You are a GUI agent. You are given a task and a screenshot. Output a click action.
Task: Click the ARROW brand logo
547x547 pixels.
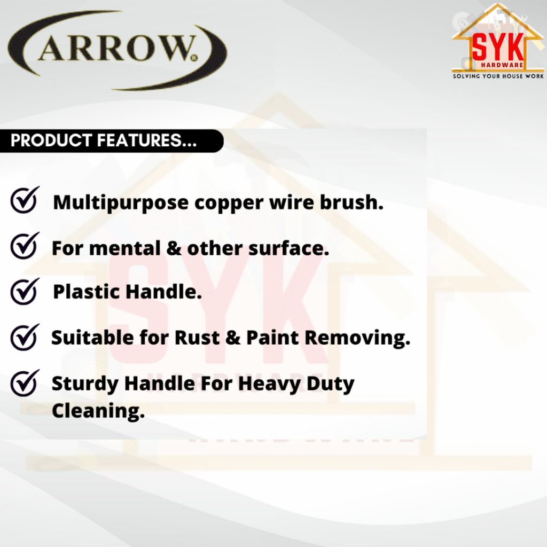[x=118, y=50]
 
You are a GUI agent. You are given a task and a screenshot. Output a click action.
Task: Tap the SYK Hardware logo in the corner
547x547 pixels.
[x=498, y=42]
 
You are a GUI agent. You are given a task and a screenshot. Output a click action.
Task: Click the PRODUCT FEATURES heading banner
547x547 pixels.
[x=112, y=140]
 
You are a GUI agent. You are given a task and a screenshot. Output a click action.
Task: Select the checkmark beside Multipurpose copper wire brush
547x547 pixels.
[x=25, y=200]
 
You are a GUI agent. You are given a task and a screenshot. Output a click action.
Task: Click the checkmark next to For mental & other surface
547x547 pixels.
[x=25, y=246]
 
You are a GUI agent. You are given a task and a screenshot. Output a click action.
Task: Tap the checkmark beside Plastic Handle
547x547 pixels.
[x=25, y=292]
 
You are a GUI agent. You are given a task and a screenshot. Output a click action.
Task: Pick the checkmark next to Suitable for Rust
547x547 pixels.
[x=25, y=338]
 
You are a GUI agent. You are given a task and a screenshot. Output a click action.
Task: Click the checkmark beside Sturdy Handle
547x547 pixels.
[x=25, y=383]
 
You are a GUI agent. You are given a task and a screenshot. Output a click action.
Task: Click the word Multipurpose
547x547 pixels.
[x=121, y=203]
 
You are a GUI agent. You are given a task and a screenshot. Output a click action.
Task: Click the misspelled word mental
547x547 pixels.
[x=125, y=248]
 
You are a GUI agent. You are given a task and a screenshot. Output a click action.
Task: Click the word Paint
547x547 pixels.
[x=272, y=338]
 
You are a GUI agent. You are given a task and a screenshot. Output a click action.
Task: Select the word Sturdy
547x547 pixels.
[x=85, y=384]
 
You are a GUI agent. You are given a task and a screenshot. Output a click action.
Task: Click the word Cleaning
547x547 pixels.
[x=98, y=411]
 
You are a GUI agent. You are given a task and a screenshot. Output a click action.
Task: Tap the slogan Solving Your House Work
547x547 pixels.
[x=498, y=76]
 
